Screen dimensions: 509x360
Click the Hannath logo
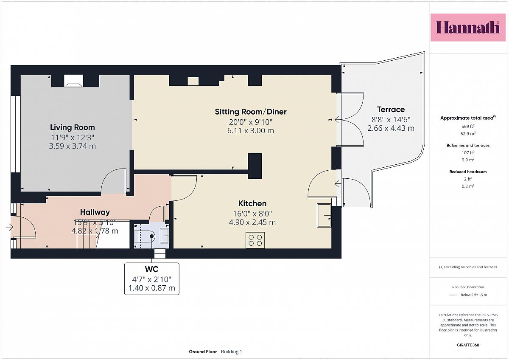[468, 27]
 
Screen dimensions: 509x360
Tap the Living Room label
[72, 127]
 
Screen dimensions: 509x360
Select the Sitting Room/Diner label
[251, 112]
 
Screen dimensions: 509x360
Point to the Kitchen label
[252, 203]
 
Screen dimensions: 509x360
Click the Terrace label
[391, 110]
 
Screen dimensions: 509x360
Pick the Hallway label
[95, 212]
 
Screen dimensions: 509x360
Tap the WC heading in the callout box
[151, 269]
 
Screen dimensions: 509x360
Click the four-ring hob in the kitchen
[255, 240]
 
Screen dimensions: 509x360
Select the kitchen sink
[324, 215]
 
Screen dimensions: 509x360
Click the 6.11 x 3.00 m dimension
[251, 131]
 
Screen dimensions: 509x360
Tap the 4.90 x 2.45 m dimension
[252, 222]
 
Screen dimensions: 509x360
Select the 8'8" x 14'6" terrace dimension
[391, 119]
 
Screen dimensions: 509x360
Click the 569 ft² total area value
[468, 126]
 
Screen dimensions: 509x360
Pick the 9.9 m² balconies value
[468, 160]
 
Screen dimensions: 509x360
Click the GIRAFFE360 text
[468, 345]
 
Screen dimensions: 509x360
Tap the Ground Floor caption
[203, 352]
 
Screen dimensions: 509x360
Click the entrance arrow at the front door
[9, 227]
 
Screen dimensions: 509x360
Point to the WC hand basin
[165, 235]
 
